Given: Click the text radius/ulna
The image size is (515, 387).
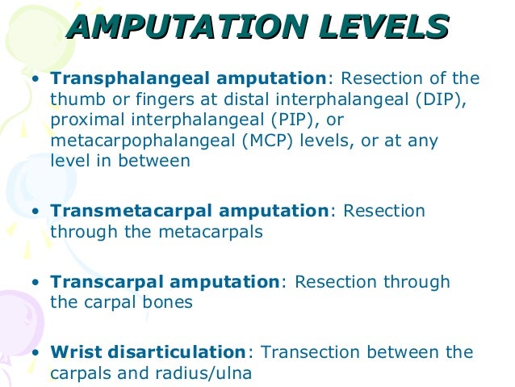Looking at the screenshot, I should click(211, 374).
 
